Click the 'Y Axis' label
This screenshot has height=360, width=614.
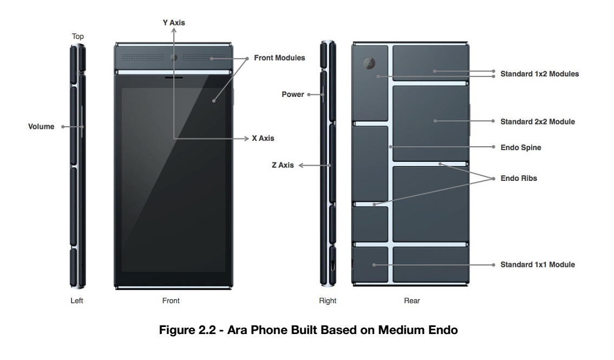174,23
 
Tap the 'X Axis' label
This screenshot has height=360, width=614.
263,138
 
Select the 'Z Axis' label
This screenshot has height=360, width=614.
283,165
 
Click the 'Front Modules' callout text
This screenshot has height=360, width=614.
279,58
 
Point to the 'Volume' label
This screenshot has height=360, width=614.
41,126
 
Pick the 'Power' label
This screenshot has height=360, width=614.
293,94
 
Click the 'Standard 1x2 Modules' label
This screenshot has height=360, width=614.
540,74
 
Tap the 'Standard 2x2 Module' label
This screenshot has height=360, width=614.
538,122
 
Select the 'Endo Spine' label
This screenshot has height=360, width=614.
521,148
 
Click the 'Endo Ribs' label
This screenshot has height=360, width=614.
519,179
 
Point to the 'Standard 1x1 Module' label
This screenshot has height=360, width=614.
538,265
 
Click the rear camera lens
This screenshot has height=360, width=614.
369,63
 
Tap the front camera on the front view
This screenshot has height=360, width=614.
173,58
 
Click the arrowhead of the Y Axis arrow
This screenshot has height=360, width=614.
174,30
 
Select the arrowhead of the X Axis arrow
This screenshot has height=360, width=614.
246,139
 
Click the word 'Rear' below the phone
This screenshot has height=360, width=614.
412,300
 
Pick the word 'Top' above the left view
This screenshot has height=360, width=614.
77,36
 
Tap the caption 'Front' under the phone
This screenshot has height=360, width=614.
171,300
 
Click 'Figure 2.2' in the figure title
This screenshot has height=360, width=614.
187,330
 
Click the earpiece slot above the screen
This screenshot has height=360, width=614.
174,77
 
